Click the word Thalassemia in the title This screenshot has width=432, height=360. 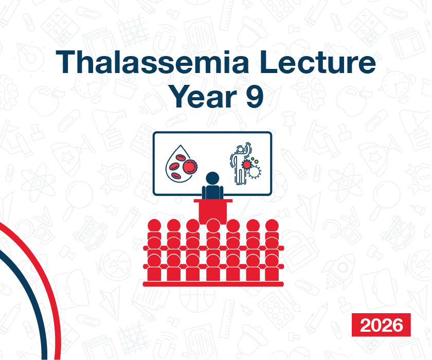pos(153,62)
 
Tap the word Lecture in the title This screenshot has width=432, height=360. pos(317,62)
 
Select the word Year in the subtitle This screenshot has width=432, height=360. pos(203,96)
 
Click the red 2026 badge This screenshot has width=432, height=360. pos(381,325)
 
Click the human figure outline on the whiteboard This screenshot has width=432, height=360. pos(240,164)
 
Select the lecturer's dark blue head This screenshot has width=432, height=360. pos(212,178)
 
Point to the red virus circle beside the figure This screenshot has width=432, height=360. pos(246,165)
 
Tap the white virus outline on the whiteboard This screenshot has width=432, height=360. pos(254,172)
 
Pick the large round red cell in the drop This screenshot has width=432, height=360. pos(190,167)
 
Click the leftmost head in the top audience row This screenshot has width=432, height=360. pos(154,225)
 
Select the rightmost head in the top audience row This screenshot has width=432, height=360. pos(272,225)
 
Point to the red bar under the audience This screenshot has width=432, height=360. pos(213,284)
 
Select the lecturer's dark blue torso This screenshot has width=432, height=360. pos(213,192)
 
